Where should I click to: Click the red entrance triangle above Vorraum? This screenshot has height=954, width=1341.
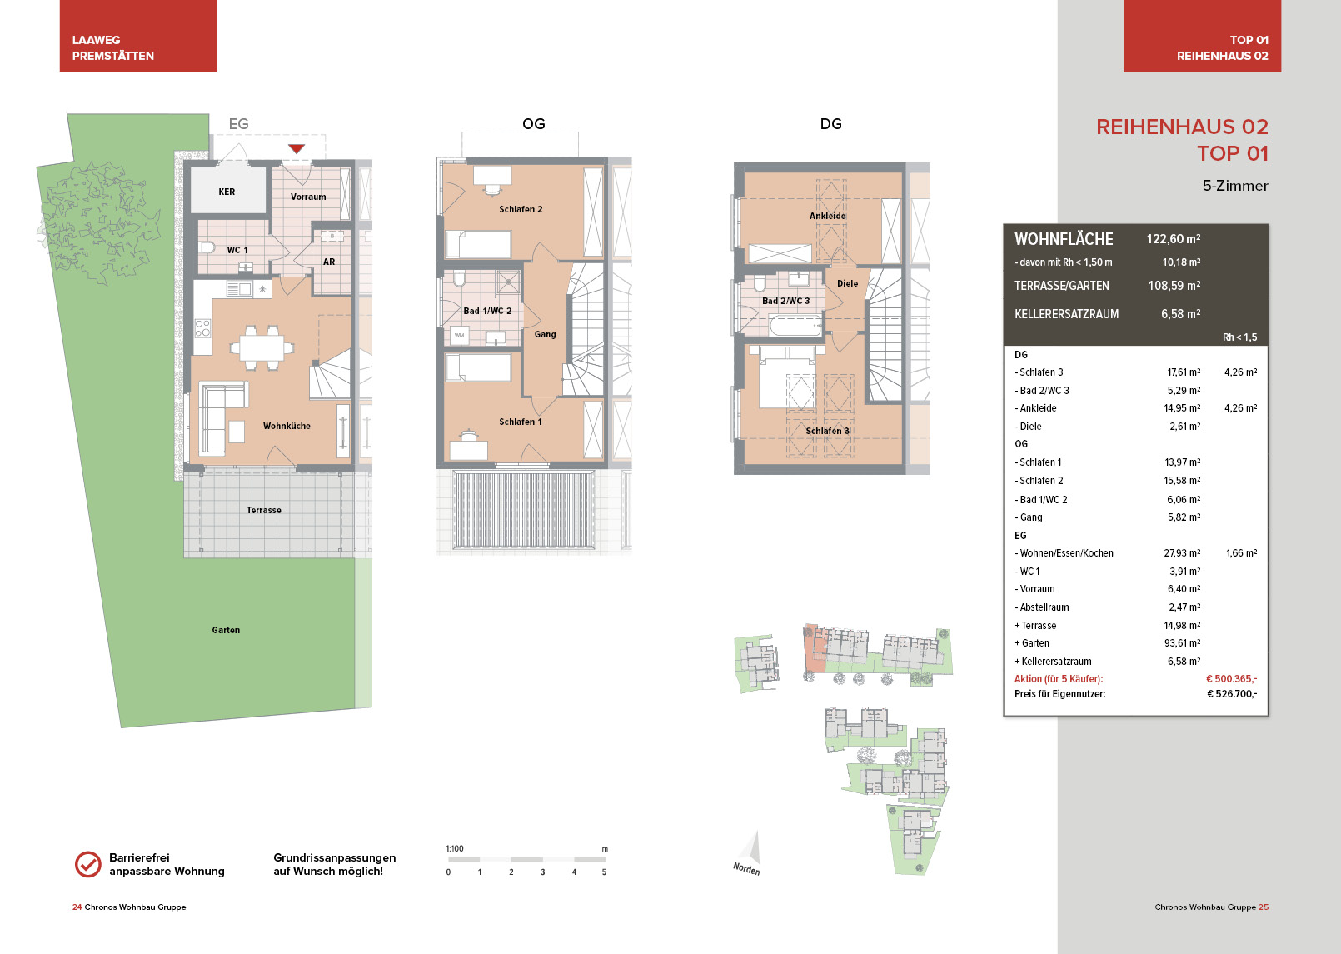(297, 148)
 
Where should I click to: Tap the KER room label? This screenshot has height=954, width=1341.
(227, 192)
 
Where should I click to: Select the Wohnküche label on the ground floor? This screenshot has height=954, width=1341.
(287, 426)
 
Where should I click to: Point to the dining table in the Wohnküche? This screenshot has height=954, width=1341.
(262, 347)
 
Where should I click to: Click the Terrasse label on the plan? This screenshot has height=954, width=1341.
(264, 510)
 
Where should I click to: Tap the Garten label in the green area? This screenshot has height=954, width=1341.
(226, 630)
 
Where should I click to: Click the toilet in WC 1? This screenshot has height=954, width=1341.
(207, 247)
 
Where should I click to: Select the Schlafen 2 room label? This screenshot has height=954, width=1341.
(521, 209)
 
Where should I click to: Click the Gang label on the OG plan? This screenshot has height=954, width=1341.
(545, 334)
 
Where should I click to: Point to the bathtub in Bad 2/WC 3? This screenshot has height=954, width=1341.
(795, 327)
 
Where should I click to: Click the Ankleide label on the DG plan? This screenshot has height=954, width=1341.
(827, 216)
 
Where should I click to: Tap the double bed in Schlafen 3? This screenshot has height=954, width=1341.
(787, 377)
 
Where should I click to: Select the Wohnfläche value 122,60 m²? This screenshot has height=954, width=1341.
(1174, 239)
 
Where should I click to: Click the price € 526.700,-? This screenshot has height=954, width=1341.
(1232, 694)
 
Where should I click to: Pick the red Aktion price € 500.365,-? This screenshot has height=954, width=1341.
(1231, 678)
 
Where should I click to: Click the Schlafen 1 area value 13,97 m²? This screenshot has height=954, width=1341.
(1183, 462)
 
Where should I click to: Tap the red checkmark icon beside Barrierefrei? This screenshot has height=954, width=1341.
(88, 864)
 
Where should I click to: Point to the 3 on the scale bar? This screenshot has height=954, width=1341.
(542, 872)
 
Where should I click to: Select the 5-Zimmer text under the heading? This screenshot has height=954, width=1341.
(1235, 186)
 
